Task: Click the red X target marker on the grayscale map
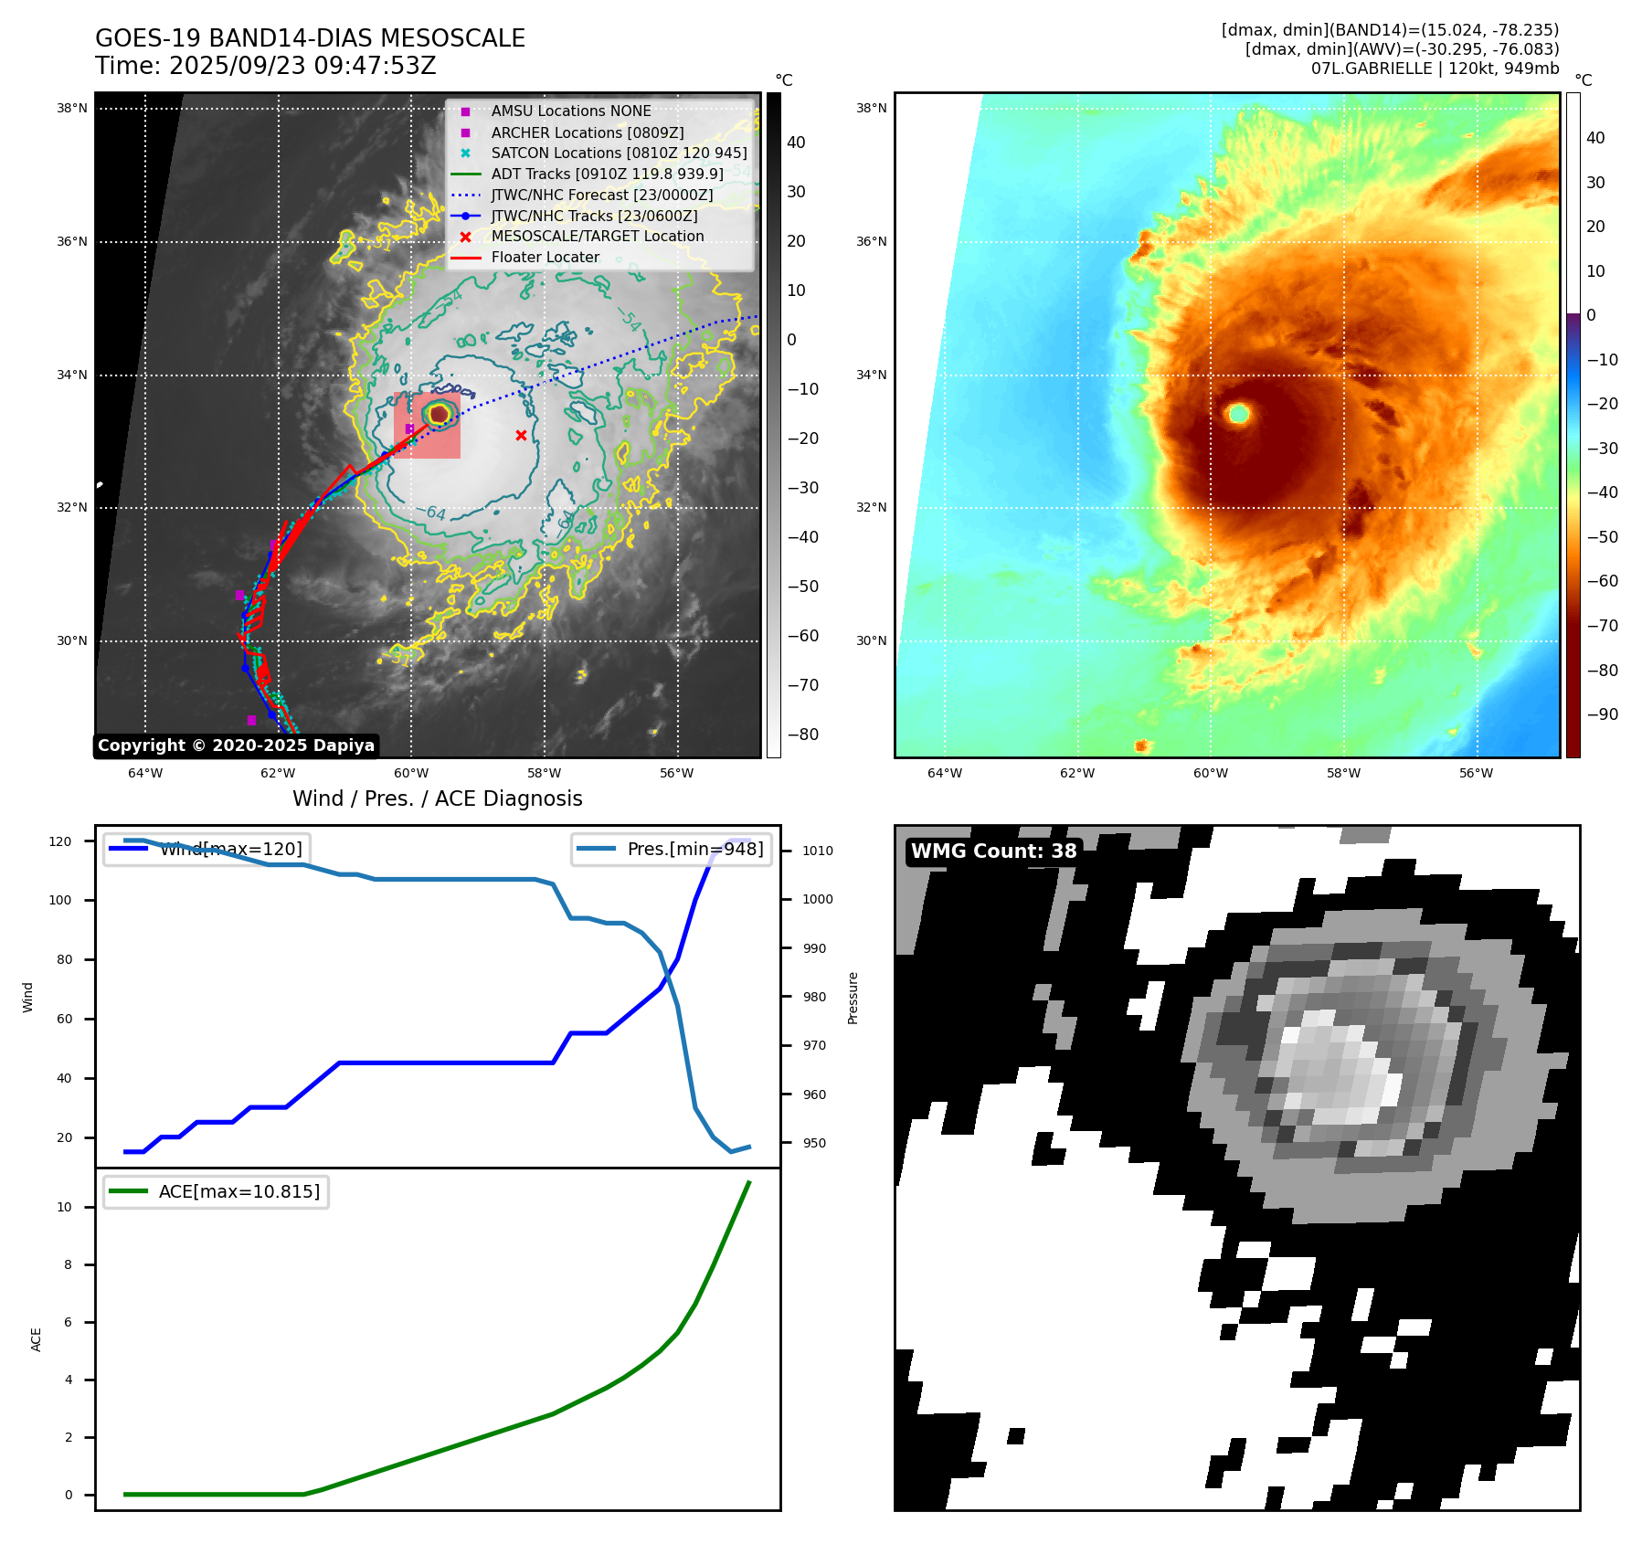521,435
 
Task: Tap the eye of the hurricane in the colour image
1239,414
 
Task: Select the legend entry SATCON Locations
618,153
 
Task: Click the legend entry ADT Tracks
607,174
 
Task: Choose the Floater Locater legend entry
545,258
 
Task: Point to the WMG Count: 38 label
993,851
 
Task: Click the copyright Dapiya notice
236,746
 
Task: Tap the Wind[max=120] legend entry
230,849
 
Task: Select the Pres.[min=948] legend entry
694,849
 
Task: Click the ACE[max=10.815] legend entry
238,1191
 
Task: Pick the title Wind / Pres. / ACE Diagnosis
437,798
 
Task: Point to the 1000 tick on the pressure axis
817,900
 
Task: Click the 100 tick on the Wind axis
60,900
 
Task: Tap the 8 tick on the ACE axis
67,1265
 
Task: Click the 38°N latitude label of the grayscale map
72,109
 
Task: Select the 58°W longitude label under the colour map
1343,774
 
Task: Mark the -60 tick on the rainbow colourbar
1602,581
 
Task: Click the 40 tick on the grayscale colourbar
796,143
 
